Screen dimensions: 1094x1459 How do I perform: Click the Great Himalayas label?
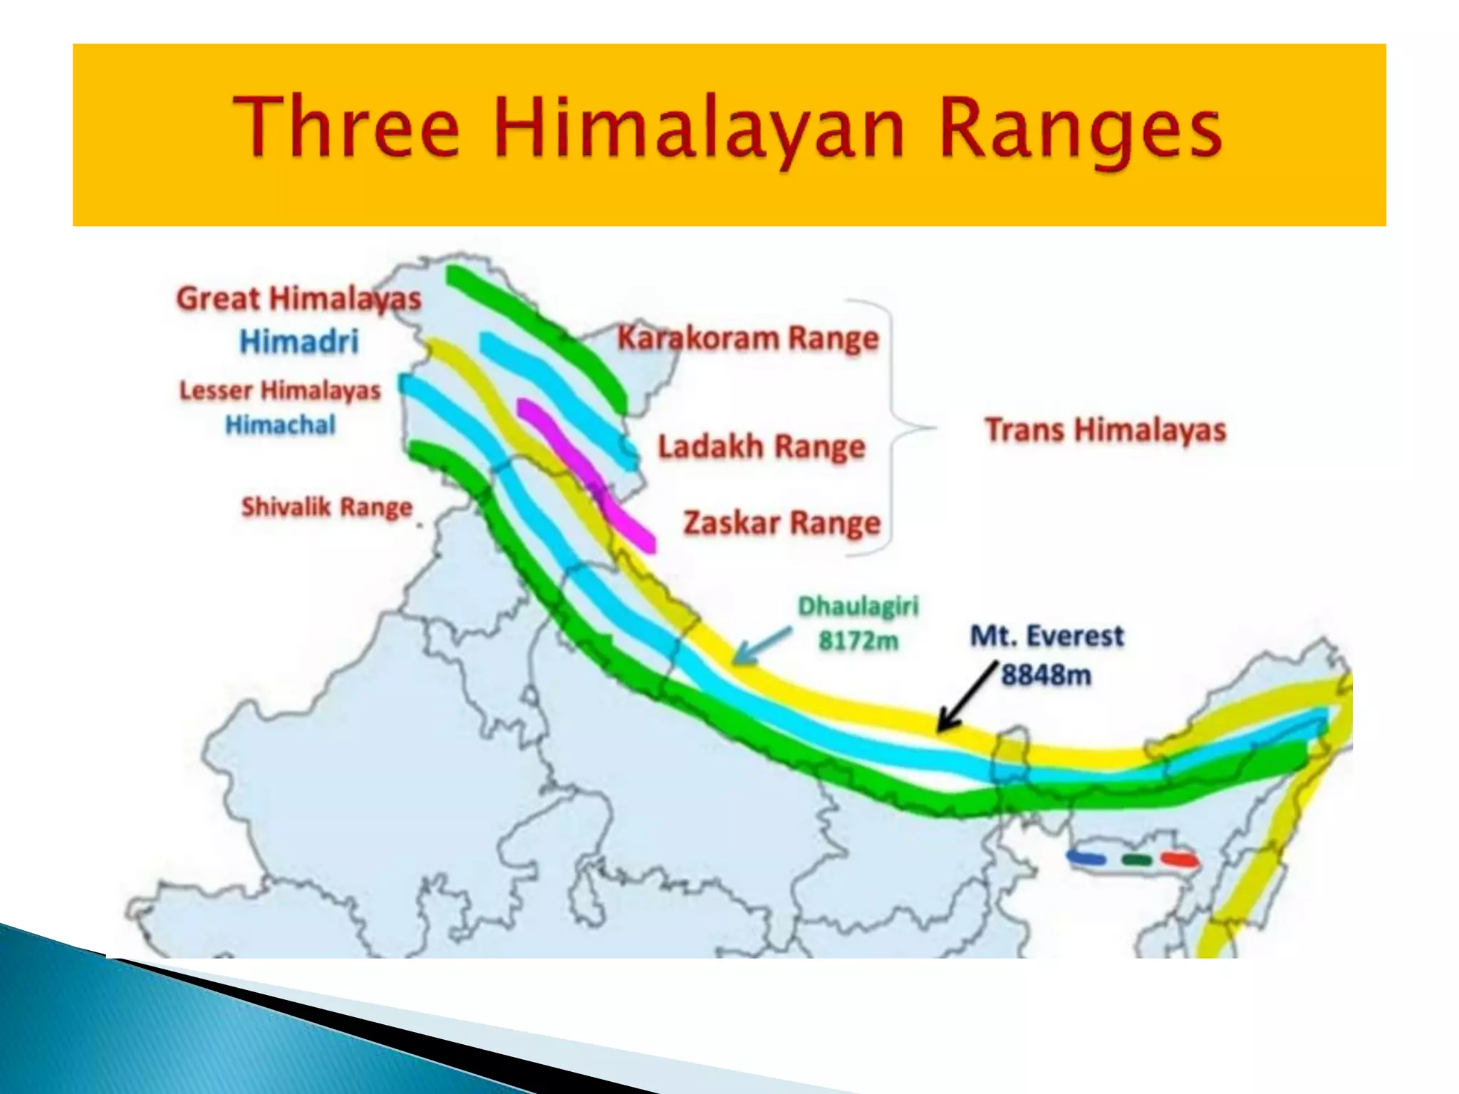tap(299, 299)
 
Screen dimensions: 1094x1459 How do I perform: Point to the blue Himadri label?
tap(299, 342)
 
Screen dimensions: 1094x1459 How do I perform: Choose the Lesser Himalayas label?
tap(280, 390)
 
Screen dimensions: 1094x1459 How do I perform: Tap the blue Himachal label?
tap(280, 425)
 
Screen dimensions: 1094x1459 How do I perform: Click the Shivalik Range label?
tap(327, 507)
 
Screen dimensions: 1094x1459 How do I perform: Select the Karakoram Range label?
tap(748, 338)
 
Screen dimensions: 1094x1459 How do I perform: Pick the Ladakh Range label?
tap(761, 447)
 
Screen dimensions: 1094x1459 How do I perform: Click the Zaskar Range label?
tap(782, 523)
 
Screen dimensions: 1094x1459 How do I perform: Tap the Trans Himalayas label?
tap(1105, 430)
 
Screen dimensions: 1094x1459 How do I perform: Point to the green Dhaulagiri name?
tap(858, 607)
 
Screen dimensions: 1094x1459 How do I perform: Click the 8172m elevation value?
tap(858, 641)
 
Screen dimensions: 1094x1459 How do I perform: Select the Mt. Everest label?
tap(1047, 635)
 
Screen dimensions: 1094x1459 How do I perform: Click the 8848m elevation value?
tap(1046, 674)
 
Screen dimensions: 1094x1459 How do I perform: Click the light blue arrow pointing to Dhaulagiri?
tap(761, 645)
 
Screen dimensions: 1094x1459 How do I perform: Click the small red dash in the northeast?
tap(1179, 860)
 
